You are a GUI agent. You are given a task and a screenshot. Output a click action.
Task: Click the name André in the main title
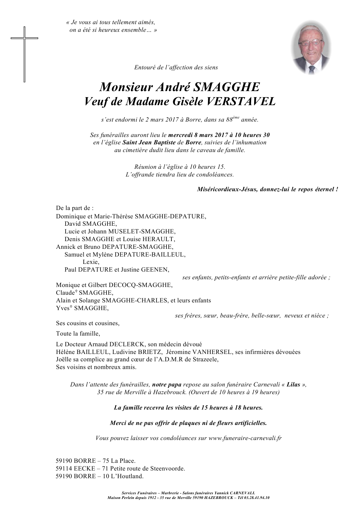click(167, 87)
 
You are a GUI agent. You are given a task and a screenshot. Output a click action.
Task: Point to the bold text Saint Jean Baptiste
click(149, 143)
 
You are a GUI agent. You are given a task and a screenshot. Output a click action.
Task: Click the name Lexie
click(91, 262)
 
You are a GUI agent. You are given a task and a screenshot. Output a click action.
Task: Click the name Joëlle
click(63, 360)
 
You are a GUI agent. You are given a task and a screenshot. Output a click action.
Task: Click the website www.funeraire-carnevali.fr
click(245, 438)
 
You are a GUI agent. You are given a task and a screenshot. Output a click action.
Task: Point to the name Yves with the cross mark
click(63, 308)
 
